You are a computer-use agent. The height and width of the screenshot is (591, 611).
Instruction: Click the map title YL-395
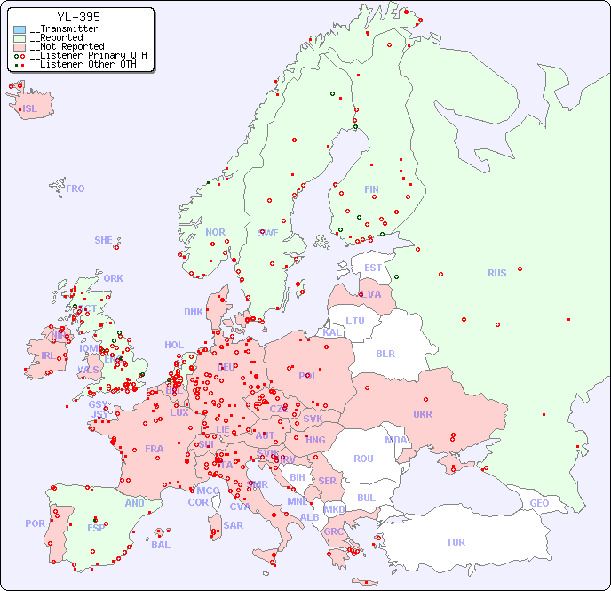(78, 17)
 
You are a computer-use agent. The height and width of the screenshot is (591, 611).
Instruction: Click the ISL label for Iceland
(30, 109)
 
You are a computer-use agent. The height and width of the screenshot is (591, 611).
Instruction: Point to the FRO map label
(75, 188)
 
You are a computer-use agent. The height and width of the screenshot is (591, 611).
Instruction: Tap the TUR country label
(456, 542)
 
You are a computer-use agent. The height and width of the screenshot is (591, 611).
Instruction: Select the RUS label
(496, 273)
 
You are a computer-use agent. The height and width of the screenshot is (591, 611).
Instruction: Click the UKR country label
(423, 414)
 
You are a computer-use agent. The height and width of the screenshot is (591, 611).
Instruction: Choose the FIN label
(371, 189)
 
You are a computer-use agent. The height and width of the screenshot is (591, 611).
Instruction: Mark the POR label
(35, 523)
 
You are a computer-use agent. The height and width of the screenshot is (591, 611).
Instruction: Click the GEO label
(539, 503)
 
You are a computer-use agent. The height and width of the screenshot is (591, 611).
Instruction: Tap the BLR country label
(385, 353)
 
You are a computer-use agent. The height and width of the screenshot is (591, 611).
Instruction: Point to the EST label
(373, 268)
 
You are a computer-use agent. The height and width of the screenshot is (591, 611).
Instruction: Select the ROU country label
(363, 459)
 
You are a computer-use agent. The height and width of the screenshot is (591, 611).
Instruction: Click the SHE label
(104, 240)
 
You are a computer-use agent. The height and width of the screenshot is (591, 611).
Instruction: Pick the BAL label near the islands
(161, 545)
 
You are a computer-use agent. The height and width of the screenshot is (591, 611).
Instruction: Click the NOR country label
(215, 232)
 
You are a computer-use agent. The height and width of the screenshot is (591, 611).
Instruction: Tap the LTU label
(355, 321)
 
